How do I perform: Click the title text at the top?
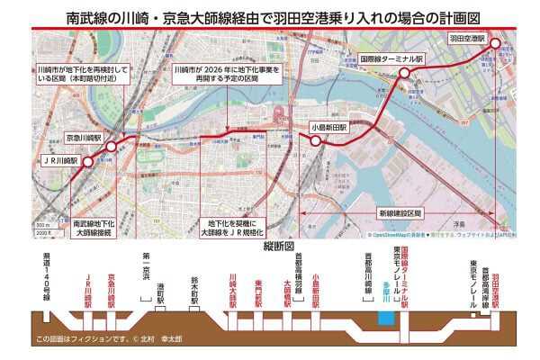click(x=269, y=15)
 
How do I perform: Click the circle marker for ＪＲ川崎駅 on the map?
click(x=96, y=159)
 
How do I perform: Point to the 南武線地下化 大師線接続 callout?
click(x=94, y=227)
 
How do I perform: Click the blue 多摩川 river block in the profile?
click(x=385, y=318)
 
